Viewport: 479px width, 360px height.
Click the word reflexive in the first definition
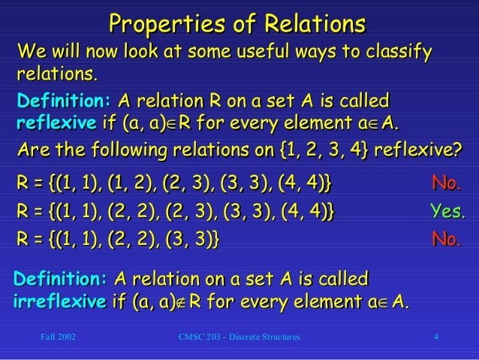pos(54,123)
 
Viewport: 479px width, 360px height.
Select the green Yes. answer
pos(447,211)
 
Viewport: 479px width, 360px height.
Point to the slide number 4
pos(436,337)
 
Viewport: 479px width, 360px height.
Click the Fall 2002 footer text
pos(57,337)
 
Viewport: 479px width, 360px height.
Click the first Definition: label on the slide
pos(64,101)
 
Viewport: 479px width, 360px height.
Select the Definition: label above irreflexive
pos(61,280)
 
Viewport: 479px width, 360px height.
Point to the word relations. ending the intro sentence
pos(57,74)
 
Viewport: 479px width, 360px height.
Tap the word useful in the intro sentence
pos(232,52)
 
